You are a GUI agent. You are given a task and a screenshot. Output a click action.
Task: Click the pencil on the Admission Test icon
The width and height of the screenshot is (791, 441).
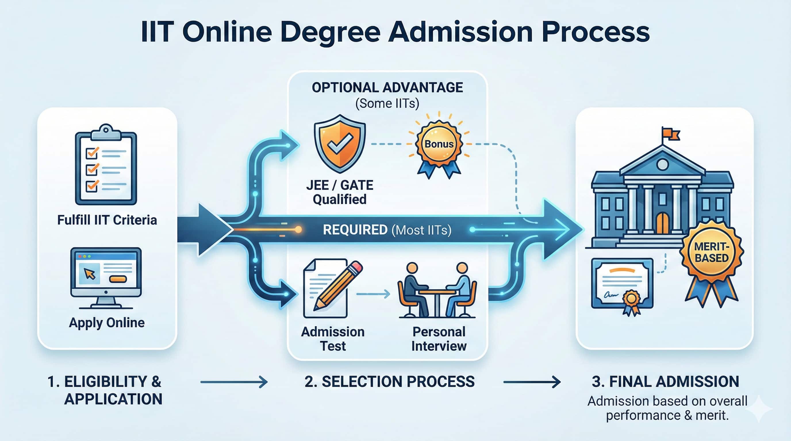[x=338, y=285]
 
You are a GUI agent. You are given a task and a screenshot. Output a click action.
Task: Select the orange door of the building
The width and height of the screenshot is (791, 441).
[x=663, y=223]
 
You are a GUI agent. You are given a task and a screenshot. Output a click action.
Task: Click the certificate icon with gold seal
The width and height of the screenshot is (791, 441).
[x=622, y=284]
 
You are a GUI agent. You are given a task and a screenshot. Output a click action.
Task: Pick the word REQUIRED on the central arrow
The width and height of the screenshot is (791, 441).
[x=355, y=230]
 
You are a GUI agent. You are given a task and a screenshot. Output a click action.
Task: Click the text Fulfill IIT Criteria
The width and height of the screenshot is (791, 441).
[x=107, y=220]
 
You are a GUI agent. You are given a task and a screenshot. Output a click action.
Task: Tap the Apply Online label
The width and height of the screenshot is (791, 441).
[x=107, y=323]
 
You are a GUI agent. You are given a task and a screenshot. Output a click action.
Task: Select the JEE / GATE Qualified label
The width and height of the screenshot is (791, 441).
[x=340, y=192]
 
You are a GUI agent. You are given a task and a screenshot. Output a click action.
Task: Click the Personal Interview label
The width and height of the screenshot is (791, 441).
[x=439, y=339]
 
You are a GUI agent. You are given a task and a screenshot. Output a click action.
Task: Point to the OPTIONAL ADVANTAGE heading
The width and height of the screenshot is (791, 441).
[x=387, y=88]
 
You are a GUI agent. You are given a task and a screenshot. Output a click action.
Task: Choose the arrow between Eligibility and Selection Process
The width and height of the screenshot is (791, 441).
[x=234, y=382]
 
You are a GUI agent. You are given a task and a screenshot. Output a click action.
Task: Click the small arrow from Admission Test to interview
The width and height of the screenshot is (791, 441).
[x=373, y=294]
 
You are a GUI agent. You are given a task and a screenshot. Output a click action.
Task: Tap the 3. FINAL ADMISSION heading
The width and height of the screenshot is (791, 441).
[x=665, y=382]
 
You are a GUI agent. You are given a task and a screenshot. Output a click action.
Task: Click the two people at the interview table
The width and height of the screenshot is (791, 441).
[x=437, y=290]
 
